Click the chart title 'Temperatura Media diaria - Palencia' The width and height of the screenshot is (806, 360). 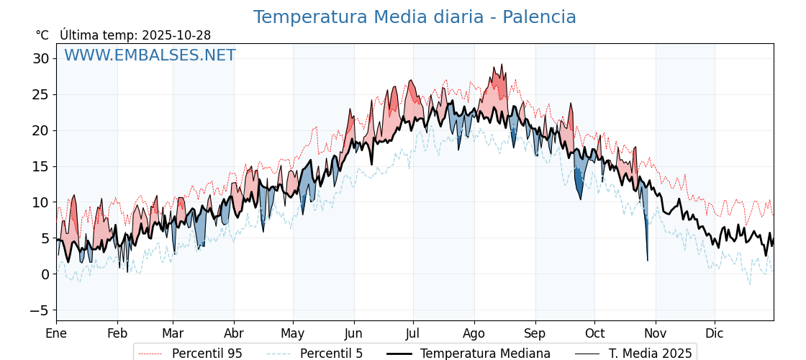click(415, 17)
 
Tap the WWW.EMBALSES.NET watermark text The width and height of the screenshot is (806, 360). click(150, 55)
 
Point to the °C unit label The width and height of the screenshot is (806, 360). click(42, 35)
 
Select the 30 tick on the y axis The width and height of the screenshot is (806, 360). click(41, 58)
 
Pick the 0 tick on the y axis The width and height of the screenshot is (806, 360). click(45, 274)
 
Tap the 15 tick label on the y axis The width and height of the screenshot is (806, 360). click(41, 166)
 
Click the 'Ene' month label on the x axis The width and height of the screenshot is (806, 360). click(56, 333)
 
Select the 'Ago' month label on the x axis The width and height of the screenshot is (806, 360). click(474, 333)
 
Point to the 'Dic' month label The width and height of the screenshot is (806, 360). click(715, 333)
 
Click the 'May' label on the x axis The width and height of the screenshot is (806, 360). click(292, 333)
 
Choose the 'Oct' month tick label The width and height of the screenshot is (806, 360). click(594, 333)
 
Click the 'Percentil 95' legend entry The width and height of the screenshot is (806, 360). click(207, 354)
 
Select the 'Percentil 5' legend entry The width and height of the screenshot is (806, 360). click(331, 354)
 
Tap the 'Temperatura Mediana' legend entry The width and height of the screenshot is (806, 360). click(485, 354)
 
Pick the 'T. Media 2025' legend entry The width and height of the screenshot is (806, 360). click(650, 354)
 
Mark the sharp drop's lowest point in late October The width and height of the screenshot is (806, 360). click(648, 260)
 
